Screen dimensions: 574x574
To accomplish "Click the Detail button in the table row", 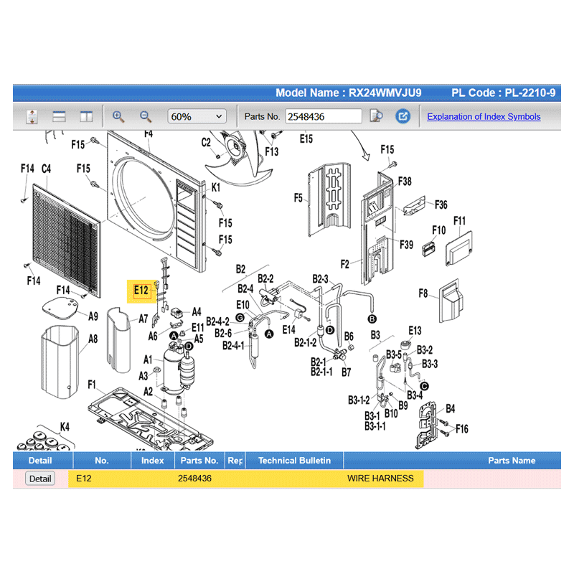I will (40, 479).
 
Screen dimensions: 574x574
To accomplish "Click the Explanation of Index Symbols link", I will (484, 116).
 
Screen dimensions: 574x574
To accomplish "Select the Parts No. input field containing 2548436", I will (324, 116).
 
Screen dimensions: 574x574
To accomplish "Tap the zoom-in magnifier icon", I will (118, 116).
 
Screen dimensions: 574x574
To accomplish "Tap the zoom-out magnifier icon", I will (146, 116).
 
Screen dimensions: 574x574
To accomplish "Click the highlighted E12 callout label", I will (141, 291).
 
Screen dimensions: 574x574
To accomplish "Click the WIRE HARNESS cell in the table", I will (380, 479).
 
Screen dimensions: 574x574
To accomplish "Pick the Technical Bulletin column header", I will (294, 461).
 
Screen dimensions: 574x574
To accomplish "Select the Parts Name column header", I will (512, 461).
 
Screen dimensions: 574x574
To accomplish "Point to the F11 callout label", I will (459, 220).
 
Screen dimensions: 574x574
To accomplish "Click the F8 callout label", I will (423, 293).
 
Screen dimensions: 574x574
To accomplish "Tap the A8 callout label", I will (93, 339).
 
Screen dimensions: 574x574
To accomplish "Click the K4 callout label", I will (65, 427).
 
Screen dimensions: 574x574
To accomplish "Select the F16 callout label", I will (462, 429).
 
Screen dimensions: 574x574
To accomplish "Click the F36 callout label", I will (441, 204).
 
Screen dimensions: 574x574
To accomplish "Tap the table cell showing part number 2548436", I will (194, 479).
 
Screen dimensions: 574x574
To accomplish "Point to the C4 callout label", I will (46, 169).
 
